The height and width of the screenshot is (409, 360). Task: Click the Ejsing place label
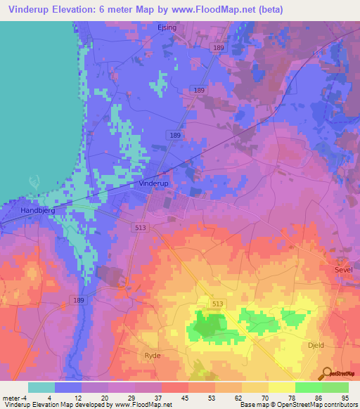pos(166,28)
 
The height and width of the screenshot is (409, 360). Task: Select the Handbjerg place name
pos(29,209)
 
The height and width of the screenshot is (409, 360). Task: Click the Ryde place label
pos(153,356)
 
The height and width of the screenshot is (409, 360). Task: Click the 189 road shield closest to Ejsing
pos(219,46)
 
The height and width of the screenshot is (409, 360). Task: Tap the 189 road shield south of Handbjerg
pos(78,300)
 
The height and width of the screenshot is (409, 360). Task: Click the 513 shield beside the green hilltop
pos(217,303)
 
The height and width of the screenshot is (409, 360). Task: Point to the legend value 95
pos(344,398)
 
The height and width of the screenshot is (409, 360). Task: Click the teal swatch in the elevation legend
pos(41,387)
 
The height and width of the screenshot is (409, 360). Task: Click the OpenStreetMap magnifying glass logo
pos(326,372)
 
